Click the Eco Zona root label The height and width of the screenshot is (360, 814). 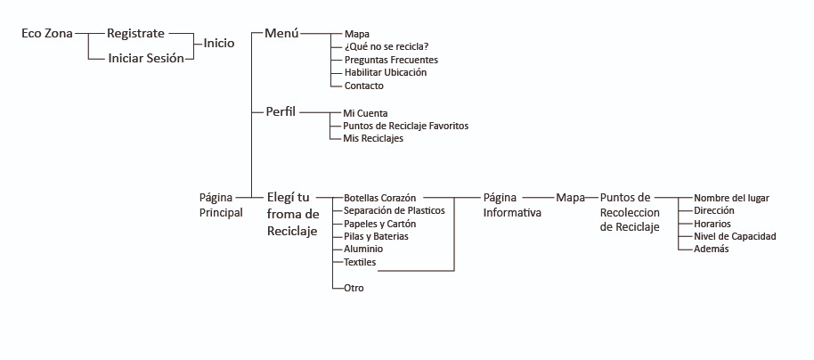click(x=47, y=34)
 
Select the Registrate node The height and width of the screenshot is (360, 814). click(x=135, y=33)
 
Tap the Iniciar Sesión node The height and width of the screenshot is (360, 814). click(x=145, y=58)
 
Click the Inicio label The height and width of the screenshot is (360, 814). click(x=219, y=43)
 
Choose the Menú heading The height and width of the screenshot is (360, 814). click(x=281, y=33)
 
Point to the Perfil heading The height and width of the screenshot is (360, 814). click(x=281, y=111)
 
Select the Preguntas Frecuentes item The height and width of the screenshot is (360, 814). click(x=390, y=60)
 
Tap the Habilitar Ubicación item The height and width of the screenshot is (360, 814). click(x=385, y=72)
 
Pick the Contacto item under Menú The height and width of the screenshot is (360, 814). click(x=363, y=86)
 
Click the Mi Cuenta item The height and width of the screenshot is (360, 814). click(x=365, y=113)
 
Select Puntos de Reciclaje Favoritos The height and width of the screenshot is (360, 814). click(x=405, y=126)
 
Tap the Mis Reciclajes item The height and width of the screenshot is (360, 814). click(x=373, y=139)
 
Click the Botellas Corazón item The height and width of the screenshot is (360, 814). click(x=380, y=197)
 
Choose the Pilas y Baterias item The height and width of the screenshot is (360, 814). click(x=376, y=236)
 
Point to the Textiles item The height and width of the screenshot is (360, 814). click(x=360, y=262)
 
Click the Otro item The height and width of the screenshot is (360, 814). click(x=354, y=288)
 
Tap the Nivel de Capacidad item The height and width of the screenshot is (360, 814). click(x=735, y=236)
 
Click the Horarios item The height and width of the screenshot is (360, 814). click(x=712, y=223)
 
